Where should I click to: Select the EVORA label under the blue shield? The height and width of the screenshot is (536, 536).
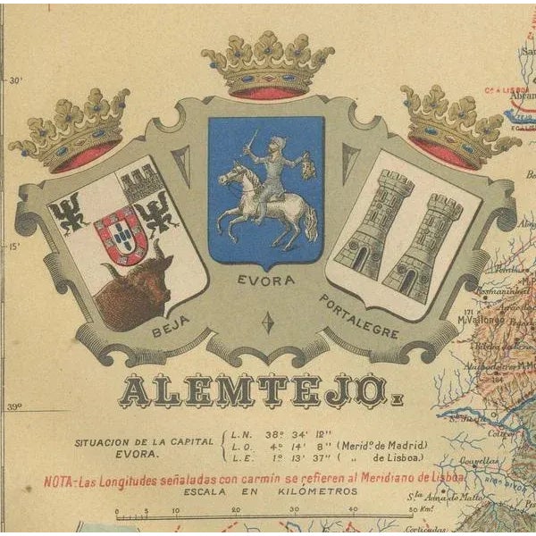(264, 281)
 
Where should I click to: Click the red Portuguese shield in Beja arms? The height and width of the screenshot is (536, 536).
(122, 234)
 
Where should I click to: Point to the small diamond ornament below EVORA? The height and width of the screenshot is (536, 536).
(267, 322)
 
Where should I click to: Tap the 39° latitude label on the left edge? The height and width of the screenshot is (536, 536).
(15, 406)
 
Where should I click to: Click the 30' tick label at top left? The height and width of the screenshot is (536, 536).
(15, 80)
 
